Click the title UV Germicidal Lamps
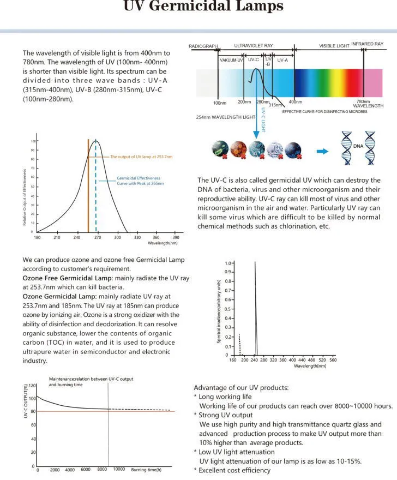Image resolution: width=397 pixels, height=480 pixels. tap(203, 7)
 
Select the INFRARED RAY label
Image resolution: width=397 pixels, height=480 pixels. tap(367, 44)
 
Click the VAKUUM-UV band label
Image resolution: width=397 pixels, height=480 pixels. tap(231, 61)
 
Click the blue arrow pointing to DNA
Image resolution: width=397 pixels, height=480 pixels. tap(323, 151)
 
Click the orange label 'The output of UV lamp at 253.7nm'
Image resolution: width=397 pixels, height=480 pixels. tap(141, 157)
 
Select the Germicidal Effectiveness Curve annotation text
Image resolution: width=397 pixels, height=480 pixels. tap(140, 181)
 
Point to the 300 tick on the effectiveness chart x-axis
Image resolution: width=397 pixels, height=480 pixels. tap(117, 238)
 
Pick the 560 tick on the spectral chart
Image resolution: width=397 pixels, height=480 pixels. tap(333, 360)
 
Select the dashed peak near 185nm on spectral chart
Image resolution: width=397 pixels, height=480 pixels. tap(239, 344)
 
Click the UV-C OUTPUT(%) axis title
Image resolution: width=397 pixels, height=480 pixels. tap(26, 401)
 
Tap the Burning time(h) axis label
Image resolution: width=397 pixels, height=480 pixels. tap(147, 470)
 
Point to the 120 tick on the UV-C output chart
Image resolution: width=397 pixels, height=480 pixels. tap(32, 386)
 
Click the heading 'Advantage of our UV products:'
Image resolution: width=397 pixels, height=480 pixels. tap(241, 388)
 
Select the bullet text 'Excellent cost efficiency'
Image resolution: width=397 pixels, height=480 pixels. tap(234, 470)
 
